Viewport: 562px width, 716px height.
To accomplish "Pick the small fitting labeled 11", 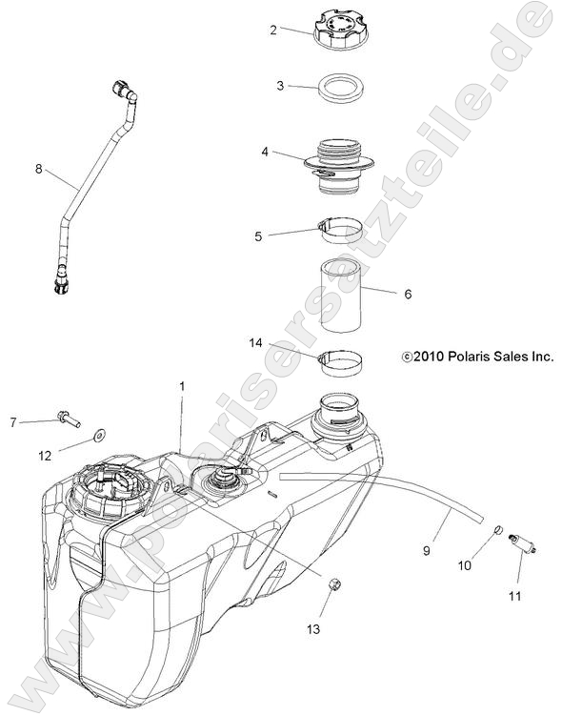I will pyautogui.click(x=521, y=544).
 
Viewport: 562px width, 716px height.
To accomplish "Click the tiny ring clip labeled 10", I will pyautogui.click(x=497, y=529).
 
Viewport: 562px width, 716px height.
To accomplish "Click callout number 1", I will pyautogui.click(x=182, y=386).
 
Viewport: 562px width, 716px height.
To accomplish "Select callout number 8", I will pyautogui.click(x=38, y=169).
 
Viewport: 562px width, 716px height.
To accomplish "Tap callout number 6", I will pyautogui.click(x=408, y=295).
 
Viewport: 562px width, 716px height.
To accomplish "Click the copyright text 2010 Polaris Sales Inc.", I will pyautogui.click(x=477, y=357).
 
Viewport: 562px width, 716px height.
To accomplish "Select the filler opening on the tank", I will pyautogui.click(x=339, y=414).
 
